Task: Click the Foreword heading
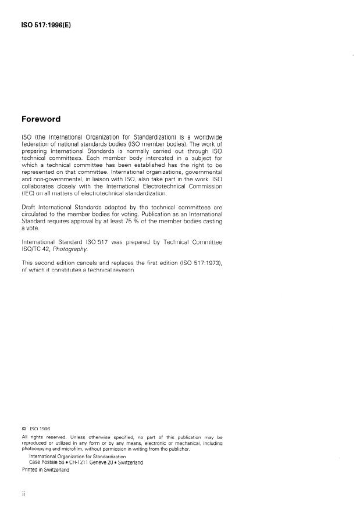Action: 41,119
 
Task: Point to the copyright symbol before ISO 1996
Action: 24,429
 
